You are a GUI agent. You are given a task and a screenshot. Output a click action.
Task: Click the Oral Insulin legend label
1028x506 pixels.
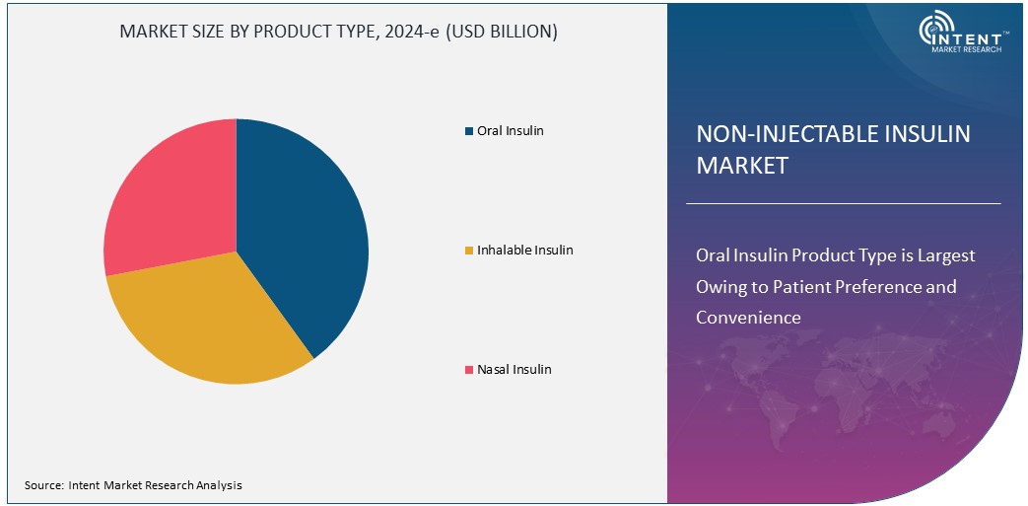pos(510,130)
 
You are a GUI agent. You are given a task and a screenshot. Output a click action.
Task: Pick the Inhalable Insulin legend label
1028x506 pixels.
pos(524,250)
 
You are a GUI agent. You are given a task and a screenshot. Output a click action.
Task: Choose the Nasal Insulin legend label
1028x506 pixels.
pos(514,369)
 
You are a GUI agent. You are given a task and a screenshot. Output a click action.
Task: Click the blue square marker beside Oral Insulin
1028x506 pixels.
pos(468,131)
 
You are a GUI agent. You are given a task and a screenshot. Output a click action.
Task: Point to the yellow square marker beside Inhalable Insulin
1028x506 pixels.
pos(468,251)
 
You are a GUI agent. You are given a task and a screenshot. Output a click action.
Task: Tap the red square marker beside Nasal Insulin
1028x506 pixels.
pos(468,370)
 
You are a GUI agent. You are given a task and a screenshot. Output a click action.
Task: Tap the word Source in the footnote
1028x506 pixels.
pos(43,485)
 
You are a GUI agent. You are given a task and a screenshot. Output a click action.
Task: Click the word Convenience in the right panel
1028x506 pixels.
pos(748,317)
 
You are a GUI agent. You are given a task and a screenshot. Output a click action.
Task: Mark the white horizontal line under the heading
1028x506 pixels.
pos(843,203)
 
